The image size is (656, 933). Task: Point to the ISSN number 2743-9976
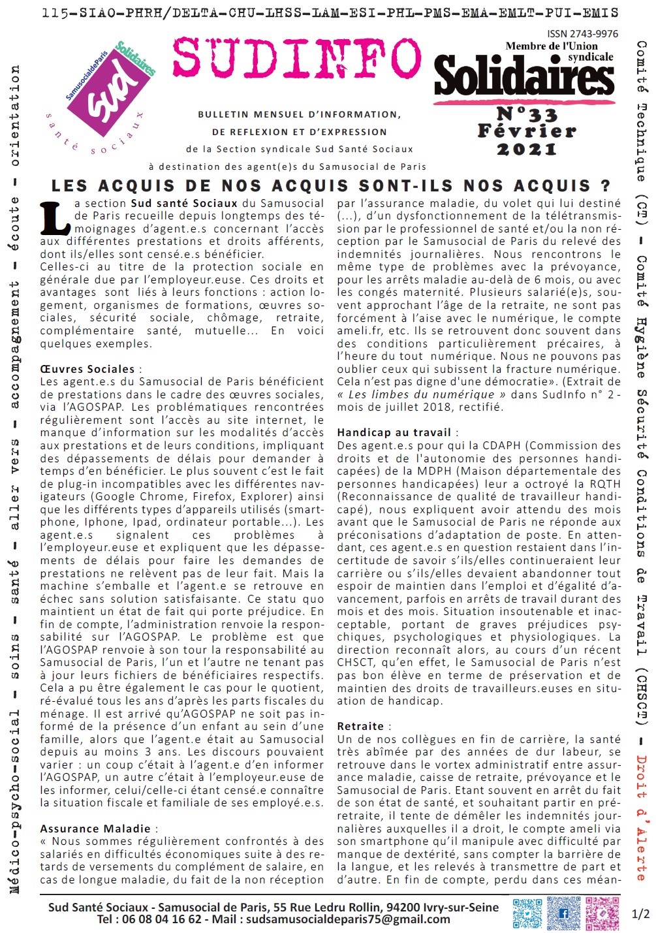click(x=583, y=34)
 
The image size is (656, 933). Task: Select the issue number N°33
click(x=527, y=114)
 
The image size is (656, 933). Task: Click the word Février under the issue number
click(x=527, y=131)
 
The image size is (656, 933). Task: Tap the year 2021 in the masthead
click(x=527, y=149)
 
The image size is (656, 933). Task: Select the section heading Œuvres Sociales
click(x=87, y=369)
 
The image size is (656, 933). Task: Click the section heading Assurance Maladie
click(x=95, y=829)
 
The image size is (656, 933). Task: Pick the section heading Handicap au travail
click(x=394, y=432)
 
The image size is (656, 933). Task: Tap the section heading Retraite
click(x=360, y=726)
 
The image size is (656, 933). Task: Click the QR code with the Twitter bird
click(x=527, y=913)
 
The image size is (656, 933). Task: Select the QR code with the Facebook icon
click(x=563, y=913)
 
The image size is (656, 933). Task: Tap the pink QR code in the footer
click(x=602, y=913)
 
